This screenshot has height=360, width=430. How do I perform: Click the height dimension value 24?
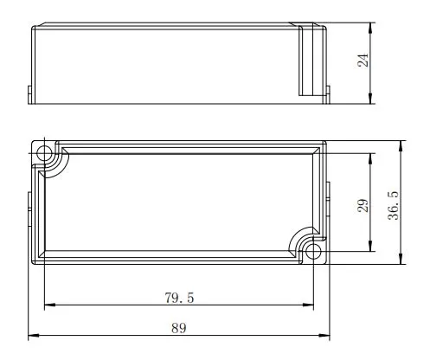coord(364,61)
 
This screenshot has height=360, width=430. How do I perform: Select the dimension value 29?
coord(364,204)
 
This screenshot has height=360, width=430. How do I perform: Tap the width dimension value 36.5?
coord(392,206)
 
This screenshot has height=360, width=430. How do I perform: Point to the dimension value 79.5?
coord(178,298)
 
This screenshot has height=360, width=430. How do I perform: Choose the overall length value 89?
coord(180,328)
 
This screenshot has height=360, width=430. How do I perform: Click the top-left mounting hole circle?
coord(45,153)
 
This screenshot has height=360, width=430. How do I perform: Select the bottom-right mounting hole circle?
coord(314,252)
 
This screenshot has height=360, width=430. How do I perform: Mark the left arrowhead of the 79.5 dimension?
coord(49,305)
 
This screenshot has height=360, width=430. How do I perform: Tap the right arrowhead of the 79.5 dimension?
coord(310,305)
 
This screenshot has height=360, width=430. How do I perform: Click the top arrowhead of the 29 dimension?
coord(371,157)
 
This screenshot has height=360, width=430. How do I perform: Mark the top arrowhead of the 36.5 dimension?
coord(401,144)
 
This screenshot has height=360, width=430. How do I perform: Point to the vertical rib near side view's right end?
coord(304,61)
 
